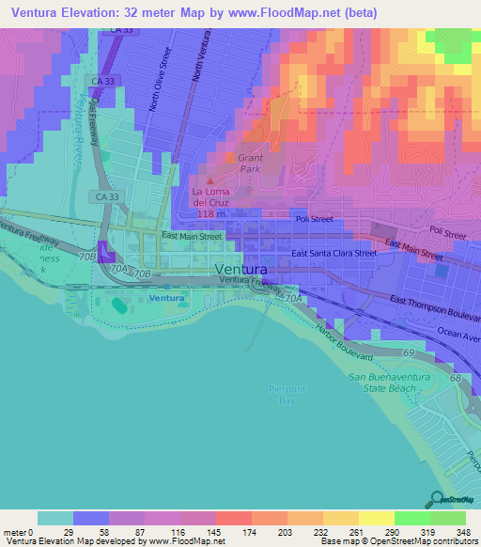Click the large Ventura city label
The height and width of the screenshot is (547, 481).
click(241, 269)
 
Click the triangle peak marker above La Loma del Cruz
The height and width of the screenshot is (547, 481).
click(209, 180)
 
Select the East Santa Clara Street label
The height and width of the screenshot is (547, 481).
click(334, 254)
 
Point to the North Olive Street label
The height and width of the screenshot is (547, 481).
click(158, 88)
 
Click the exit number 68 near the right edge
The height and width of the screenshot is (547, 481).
click(456, 377)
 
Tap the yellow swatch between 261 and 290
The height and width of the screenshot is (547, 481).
click(376, 518)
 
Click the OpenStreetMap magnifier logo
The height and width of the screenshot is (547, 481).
click(437, 499)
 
